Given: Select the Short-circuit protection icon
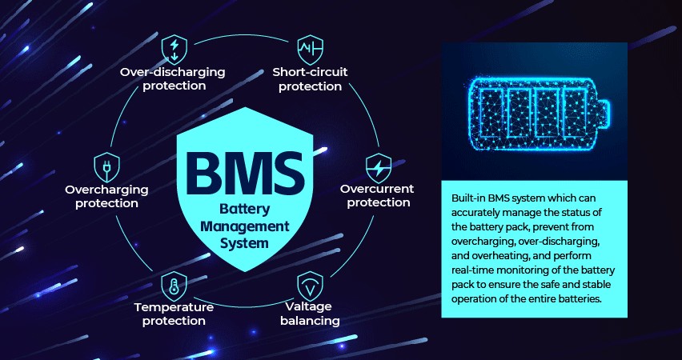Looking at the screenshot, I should [x=309, y=48].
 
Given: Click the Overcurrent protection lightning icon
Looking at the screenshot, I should [x=377, y=166].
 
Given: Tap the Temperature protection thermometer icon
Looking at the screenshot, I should [x=174, y=285].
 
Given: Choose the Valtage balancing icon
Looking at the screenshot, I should [x=308, y=286].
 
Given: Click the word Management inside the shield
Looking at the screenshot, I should [x=242, y=226].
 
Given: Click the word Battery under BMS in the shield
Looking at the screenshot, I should [x=242, y=210].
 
